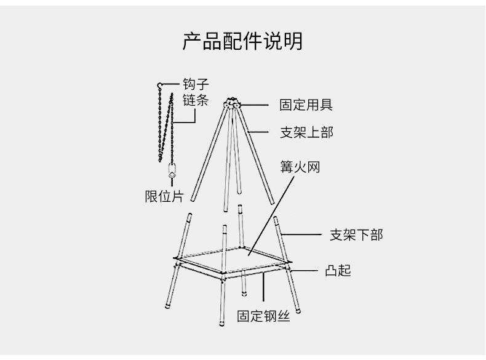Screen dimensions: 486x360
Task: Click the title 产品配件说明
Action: click(x=242, y=42)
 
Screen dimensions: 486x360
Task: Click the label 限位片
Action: click(x=164, y=197)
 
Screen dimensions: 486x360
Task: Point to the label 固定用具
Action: click(x=306, y=105)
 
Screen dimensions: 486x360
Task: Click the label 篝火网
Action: click(x=301, y=167)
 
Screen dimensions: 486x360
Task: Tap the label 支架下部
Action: click(x=356, y=234)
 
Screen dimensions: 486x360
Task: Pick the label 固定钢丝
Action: click(x=263, y=317)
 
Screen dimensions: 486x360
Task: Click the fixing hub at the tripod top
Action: click(x=233, y=104)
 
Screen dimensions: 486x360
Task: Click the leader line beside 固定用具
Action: click(x=255, y=105)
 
